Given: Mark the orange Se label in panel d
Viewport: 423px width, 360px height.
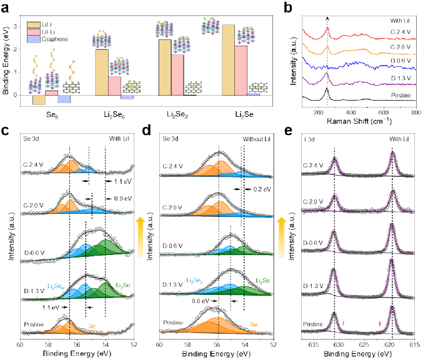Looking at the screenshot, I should (254, 324).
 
